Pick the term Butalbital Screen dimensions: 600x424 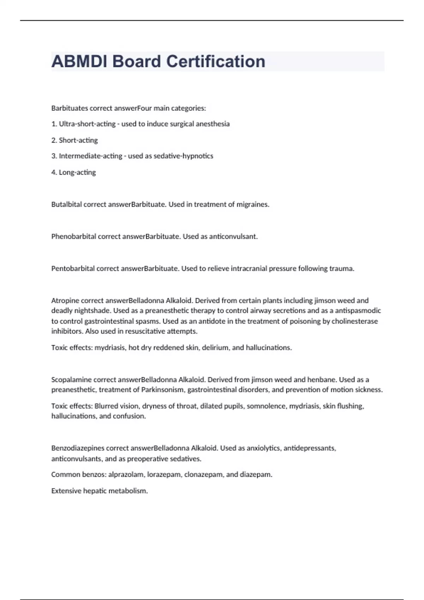[66, 204]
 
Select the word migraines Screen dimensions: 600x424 [253, 204]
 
